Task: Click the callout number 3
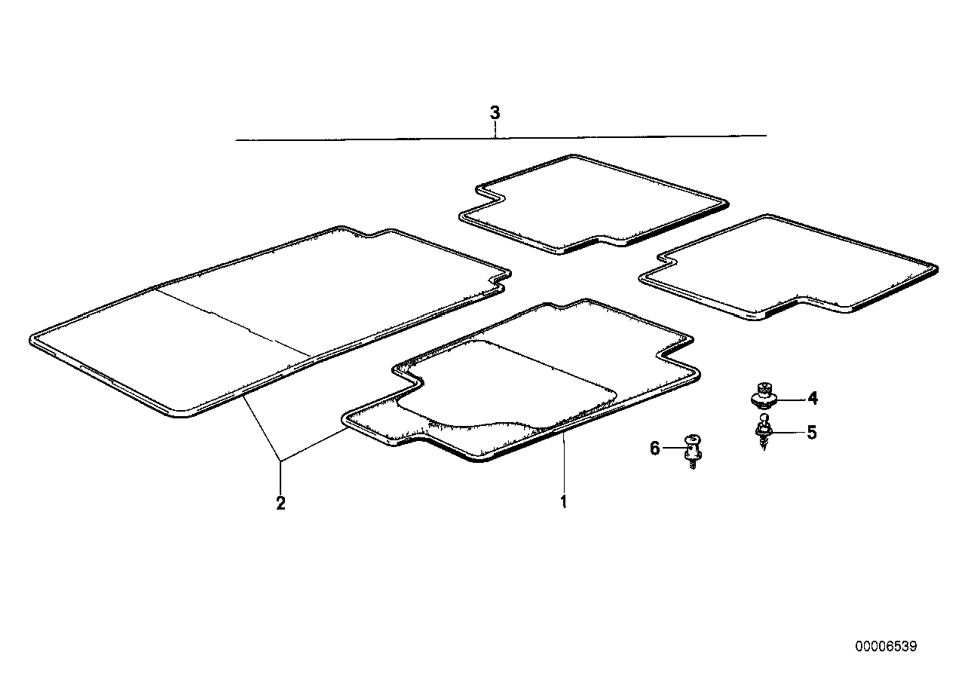click(495, 112)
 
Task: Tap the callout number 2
click(281, 503)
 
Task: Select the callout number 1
click(564, 501)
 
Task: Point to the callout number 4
click(813, 398)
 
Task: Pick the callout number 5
click(811, 433)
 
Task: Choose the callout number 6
click(654, 448)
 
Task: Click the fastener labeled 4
click(764, 395)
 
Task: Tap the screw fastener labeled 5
click(764, 432)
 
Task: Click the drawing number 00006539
click(886, 647)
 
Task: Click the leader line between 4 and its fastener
click(790, 399)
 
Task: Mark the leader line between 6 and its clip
click(673, 448)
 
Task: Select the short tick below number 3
click(495, 130)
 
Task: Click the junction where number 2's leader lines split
click(281, 462)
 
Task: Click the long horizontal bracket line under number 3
click(501, 138)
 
